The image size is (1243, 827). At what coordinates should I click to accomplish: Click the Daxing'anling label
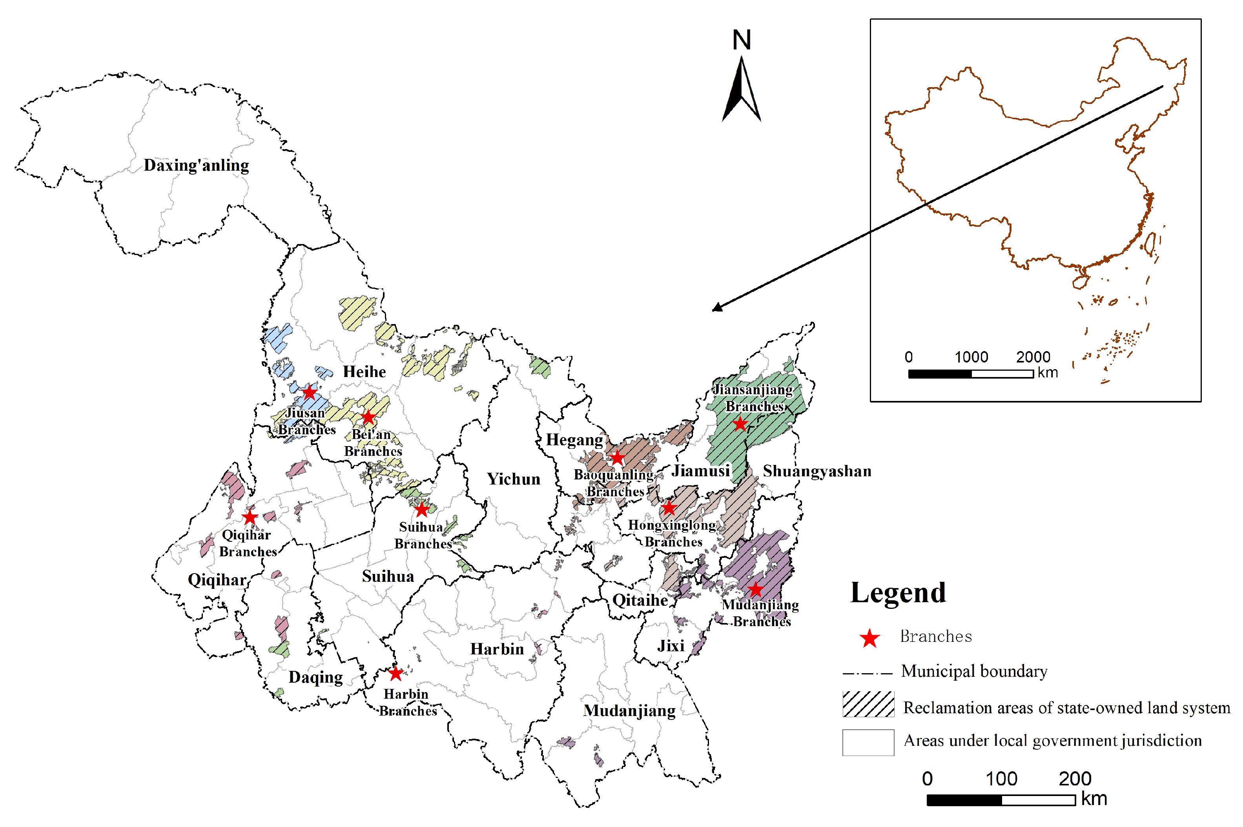196,165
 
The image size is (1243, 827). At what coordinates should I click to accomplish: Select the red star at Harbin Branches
395,674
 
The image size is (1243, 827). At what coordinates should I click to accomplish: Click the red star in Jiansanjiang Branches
740,424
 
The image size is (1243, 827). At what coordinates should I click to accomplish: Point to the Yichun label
513,479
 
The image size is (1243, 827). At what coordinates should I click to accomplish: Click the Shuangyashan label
817,471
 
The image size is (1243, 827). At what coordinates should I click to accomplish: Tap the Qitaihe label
640,600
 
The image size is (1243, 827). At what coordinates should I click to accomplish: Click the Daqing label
315,677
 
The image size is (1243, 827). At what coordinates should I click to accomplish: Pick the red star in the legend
869,638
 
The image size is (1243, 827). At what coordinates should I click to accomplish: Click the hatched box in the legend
868,704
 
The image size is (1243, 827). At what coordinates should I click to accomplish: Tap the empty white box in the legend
868,742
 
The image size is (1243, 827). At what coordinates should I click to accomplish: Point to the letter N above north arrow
742,40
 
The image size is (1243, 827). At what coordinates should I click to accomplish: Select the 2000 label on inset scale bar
1033,357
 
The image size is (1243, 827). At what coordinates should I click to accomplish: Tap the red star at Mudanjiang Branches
755,589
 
